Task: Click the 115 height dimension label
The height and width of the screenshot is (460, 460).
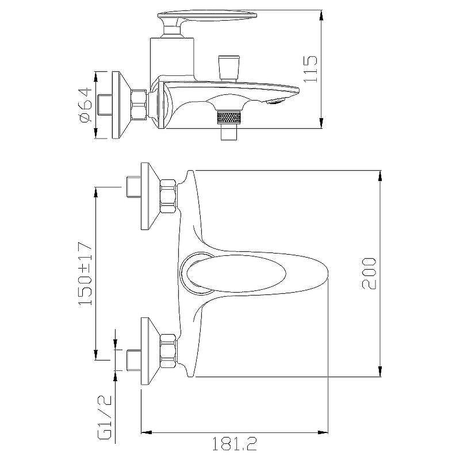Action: pyautogui.click(x=310, y=69)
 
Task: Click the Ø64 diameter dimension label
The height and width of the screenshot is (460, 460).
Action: pyautogui.click(x=86, y=105)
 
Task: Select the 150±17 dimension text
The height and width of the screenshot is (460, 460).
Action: pyautogui.click(x=85, y=274)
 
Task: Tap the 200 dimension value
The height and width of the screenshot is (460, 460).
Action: pyautogui.click(x=369, y=274)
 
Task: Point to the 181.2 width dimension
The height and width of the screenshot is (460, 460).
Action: pyautogui.click(x=235, y=444)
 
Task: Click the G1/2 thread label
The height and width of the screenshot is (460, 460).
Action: pyautogui.click(x=105, y=417)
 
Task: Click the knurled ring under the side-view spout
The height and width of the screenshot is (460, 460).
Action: pyautogui.click(x=229, y=118)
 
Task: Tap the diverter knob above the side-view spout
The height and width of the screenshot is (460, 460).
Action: pyautogui.click(x=229, y=68)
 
